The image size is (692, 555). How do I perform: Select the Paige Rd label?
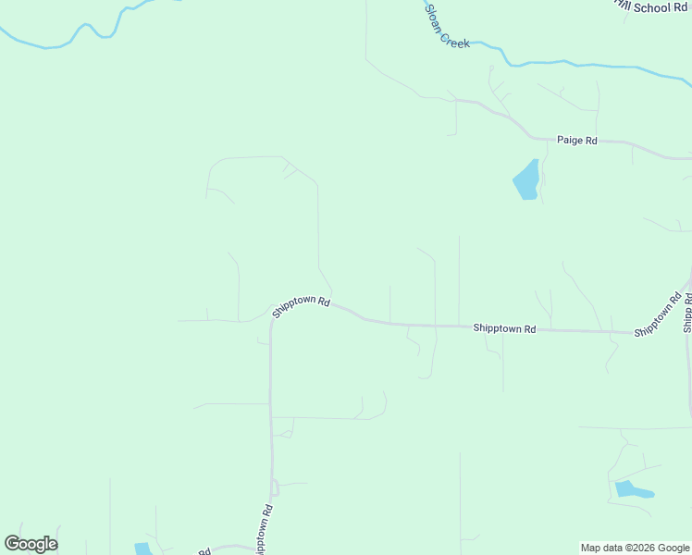tap(576, 141)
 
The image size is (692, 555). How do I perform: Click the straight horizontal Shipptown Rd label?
tap(504, 328)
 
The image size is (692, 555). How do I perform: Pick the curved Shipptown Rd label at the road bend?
tap(301, 307)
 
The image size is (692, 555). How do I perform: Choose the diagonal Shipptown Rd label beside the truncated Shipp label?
tap(658, 314)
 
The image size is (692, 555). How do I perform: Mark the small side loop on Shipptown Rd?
tap(275, 487)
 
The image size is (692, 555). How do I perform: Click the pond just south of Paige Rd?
tap(526, 180)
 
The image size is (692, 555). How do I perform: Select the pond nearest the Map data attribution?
tap(632, 489)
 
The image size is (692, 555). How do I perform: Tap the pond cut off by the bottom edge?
tap(142, 549)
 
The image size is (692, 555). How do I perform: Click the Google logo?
tap(31, 544)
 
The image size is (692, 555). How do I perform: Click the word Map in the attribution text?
tap(591, 548)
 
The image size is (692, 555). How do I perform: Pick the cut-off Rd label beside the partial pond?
tap(204, 551)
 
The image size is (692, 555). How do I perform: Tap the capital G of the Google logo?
tap(12, 544)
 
